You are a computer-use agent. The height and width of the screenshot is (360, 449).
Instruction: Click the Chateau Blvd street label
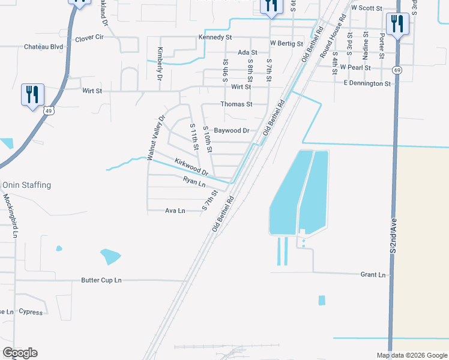coord(44,47)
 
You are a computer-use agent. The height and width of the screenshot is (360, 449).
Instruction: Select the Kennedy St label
coord(215,37)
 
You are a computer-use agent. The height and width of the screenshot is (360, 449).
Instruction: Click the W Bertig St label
coord(286,44)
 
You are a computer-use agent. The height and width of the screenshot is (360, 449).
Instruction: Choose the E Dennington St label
coord(367,83)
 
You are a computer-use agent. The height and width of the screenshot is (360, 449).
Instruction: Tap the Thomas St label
coord(235,104)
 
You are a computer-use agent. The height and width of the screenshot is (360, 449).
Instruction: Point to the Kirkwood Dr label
coord(191,167)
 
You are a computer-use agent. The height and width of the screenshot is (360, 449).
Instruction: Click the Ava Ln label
coord(175,211)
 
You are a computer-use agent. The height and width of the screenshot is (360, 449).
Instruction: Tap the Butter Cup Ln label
coord(101,280)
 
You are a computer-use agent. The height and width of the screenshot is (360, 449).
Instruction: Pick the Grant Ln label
coord(373,275)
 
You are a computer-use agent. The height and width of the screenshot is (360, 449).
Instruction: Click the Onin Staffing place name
coord(26,185)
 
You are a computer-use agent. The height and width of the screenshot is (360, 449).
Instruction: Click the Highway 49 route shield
coord(49,110)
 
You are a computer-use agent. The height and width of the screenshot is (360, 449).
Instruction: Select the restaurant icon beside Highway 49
coord(32,95)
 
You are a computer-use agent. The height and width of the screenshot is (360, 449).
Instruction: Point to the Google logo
coord(20,353)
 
